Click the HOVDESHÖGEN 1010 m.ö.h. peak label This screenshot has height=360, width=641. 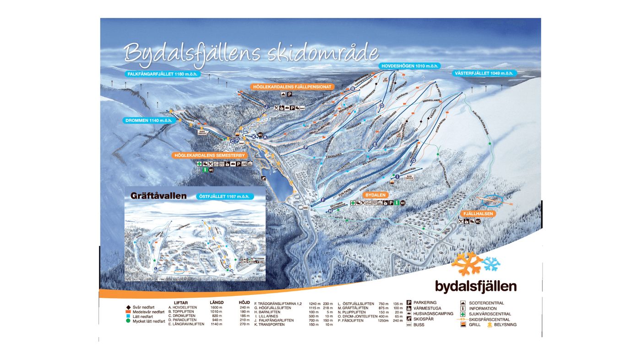[x=410, y=66]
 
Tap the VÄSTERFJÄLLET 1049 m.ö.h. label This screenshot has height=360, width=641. [x=484, y=73]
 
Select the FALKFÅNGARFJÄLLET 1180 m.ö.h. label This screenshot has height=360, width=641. [x=163, y=74]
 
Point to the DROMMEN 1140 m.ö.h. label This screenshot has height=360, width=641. [x=149, y=120]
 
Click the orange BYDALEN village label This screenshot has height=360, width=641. [x=377, y=195]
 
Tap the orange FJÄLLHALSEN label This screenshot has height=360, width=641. [x=478, y=214]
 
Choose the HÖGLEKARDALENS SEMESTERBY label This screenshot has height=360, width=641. [x=210, y=156]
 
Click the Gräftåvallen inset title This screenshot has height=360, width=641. [x=158, y=196]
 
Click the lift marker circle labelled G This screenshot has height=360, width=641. [x=401, y=147]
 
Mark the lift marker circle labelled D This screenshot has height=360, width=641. [x=381, y=106]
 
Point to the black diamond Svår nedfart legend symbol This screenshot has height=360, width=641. [x=129, y=307]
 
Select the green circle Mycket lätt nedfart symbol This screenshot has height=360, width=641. [x=129, y=321]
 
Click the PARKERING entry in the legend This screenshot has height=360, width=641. [x=424, y=303]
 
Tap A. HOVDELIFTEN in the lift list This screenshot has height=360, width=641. [x=183, y=308]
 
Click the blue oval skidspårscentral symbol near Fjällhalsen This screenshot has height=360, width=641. [x=494, y=200]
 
